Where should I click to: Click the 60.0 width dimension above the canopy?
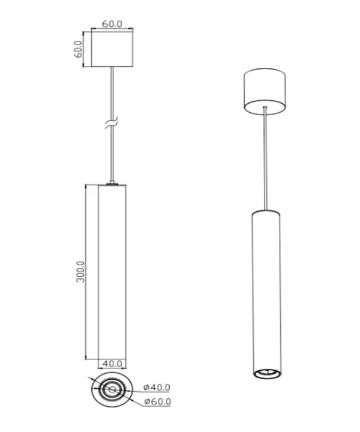coord(112,24)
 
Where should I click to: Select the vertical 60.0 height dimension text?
coord(78,49)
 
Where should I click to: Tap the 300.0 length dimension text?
coord(80,272)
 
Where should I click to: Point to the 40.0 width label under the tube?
coord(112,364)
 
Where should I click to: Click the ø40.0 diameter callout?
coord(157,388)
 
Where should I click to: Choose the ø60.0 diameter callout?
coord(157,401)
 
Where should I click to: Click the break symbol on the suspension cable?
coord(111,122)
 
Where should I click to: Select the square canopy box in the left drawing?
coord(112,49)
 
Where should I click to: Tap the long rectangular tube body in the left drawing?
coord(112,272)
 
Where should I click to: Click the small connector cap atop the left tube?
coord(112,182)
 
